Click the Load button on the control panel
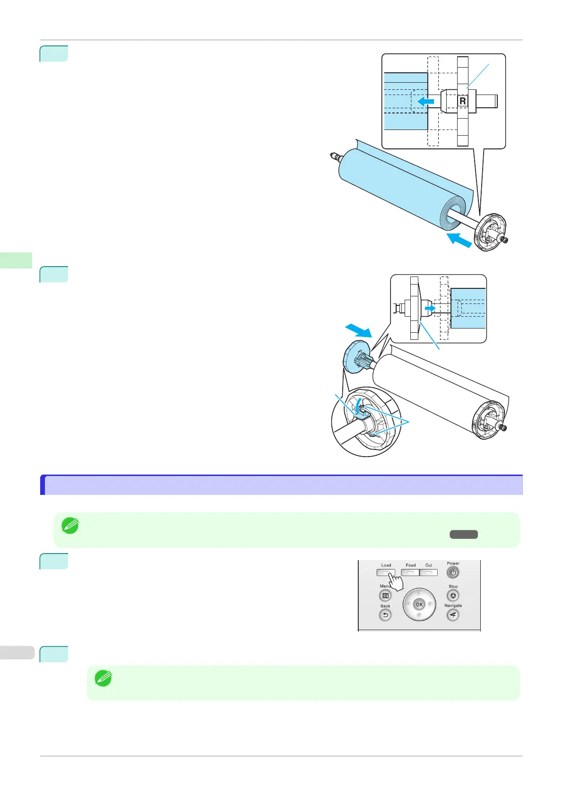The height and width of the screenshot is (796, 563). pyautogui.click(x=386, y=572)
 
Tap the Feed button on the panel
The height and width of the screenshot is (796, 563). pyautogui.click(x=410, y=572)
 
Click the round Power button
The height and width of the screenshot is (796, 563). pyautogui.click(x=453, y=573)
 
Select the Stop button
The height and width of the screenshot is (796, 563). pyautogui.click(x=453, y=596)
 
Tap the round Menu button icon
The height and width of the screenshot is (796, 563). pyautogui.click(x=385, y=596)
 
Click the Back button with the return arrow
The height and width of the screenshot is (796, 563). pyautogui.click(x=385, y=615)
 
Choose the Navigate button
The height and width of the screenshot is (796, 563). pyautogui.click(x=453, y=615)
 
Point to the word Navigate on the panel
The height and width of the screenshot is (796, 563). pyautogui.click(x=453, y=606)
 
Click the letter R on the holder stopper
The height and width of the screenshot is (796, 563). pyautogui.click(x=462, y=101)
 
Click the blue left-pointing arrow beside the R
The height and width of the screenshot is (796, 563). pyautogui.click(x=425, y=101)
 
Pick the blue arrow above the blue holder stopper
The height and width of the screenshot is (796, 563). pyautogui.click(x=358, y=330)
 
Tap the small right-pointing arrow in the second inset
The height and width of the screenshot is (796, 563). pyautogui.click(x=430, y=308)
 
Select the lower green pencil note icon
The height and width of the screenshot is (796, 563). pyautogui.click(x=104, y=679)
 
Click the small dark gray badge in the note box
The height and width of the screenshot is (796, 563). pyautogui.click(x=464, y=535)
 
